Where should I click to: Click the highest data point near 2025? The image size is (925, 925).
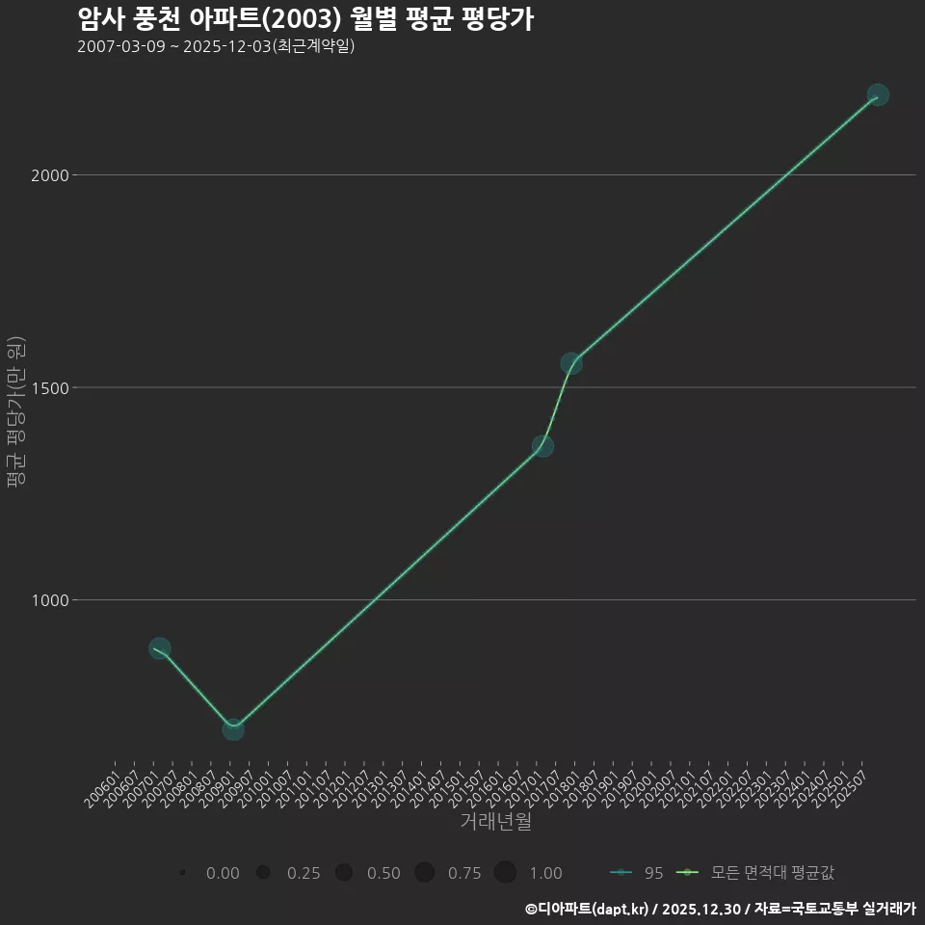pos(877,94)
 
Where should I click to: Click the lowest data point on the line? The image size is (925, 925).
pos(232,729)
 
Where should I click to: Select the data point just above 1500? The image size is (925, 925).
pos(571,363)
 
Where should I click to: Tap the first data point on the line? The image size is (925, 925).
pos(160,648)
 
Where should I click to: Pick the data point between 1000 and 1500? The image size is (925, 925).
pos(542,445)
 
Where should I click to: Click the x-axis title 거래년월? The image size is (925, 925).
pos(495,822)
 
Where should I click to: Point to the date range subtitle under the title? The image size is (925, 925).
pos(216,46)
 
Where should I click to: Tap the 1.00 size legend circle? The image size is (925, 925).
pos(505,873)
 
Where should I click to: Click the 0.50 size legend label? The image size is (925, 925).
pos(383,873)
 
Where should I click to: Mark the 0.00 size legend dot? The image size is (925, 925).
pos(182,873)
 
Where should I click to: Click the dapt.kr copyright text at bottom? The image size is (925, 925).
pos(720,909)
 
